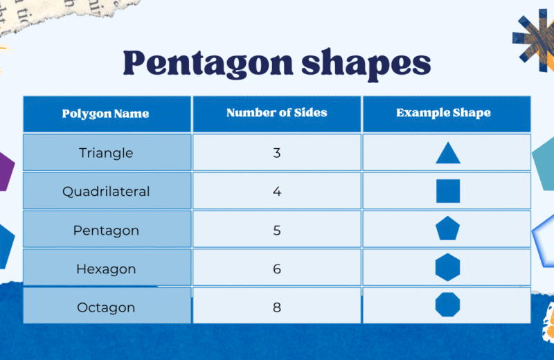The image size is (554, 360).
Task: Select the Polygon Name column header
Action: [106, 114]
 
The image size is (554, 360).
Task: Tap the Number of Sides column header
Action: [276, 113]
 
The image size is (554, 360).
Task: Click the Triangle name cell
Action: [106, 152]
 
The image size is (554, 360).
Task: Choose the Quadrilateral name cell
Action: [106, 191]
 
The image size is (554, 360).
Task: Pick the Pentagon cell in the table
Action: [106, 230]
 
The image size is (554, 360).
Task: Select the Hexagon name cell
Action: [106, 269]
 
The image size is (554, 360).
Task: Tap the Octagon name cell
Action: [106, 307]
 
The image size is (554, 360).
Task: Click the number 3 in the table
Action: [276, 152]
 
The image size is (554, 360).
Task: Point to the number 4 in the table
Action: [276, 191]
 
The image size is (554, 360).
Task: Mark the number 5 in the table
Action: [276, 230]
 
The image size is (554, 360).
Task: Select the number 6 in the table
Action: [276, 269]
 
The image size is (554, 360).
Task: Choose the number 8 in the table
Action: [276, 307]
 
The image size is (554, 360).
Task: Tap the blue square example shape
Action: [448, 191]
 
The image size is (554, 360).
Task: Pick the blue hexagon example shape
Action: [448, 267]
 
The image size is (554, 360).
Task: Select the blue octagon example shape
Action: [448, 305]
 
